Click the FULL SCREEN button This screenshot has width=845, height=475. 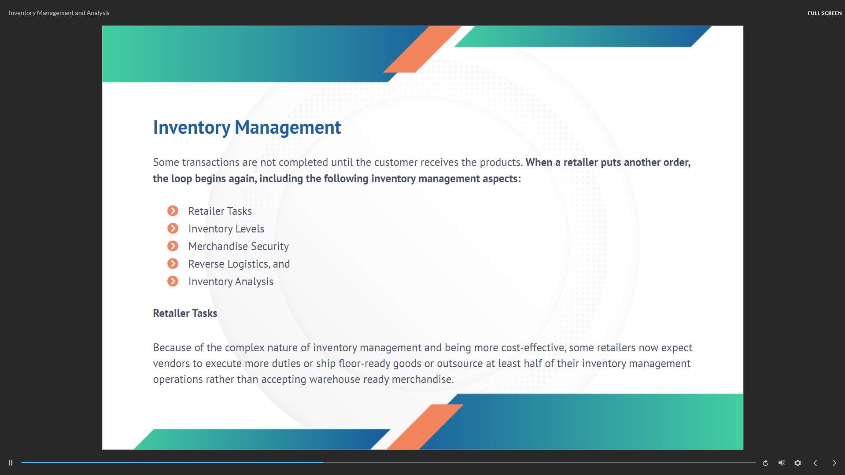coord(824,13)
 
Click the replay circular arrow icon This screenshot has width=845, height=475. coord(765,463)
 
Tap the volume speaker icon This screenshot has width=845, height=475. coord(782,463)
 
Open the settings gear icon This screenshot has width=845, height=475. coord(797,463)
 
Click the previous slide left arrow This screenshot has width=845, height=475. coord(815,463)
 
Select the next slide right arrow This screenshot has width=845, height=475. coord(834,463)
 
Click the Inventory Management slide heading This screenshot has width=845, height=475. coord(247,128)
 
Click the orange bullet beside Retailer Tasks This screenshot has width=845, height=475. coord(173,211)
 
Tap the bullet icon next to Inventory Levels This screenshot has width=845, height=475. coord(173,228)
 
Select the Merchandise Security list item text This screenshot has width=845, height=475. coord(239,247)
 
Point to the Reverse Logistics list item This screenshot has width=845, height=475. coord(239,264)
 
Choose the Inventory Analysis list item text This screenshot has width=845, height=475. coord(231,282)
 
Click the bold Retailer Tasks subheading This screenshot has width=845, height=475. coord(185,313)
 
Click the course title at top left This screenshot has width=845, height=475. coord(59,13)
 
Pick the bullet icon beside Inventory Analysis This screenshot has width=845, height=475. coord(173,281)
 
